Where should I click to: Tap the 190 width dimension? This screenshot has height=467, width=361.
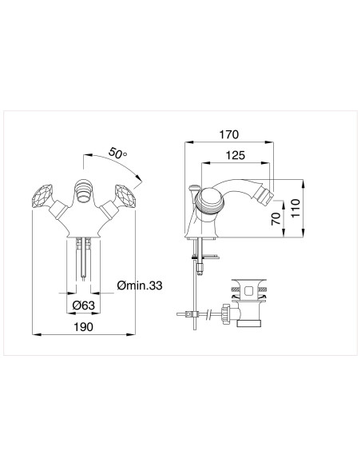pos(84,326)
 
